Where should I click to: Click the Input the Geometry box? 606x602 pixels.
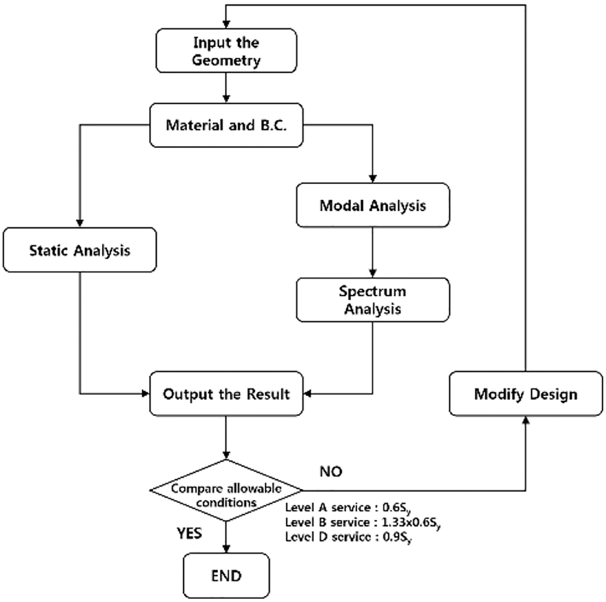226,51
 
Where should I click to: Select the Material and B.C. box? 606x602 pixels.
226,125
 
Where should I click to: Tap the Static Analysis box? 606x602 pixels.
79,250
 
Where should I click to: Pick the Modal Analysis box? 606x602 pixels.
373,205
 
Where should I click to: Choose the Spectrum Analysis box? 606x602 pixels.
373,300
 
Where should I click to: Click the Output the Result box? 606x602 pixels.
226,394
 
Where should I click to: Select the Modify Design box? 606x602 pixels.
526,394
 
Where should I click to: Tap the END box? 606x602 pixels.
226,576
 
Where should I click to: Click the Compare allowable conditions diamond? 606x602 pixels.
226,490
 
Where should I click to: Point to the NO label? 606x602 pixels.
331,471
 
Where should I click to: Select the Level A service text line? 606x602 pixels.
348,508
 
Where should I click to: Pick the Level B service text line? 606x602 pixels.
363,523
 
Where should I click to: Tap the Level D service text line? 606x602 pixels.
349,537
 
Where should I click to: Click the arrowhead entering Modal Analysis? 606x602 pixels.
373,179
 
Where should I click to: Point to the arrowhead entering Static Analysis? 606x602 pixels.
79,223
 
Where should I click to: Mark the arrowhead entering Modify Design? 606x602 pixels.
526,420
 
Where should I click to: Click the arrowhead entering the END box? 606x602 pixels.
226,549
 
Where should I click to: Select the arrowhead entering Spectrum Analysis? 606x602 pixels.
373,273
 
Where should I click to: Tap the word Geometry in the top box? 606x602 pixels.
226,60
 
